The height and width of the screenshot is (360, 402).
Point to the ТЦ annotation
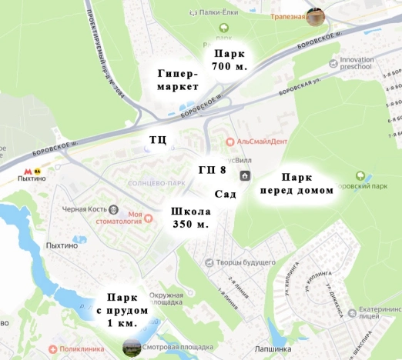tap(157, 139)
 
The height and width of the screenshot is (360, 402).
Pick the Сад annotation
tap(225, 194)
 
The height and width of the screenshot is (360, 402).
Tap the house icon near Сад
tap(245, 175)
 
